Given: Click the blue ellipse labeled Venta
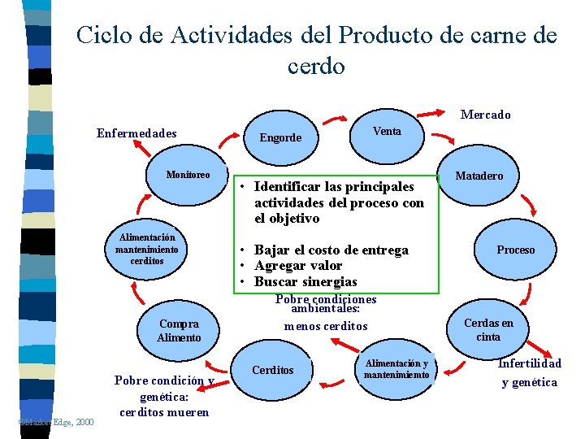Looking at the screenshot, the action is click(387, 132).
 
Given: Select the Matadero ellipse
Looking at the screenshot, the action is click(479, 176).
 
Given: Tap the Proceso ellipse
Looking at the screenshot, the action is click(516, 250).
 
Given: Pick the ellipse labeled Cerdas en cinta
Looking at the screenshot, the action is click(488, 330).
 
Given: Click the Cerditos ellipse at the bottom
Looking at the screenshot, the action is click(273, 371).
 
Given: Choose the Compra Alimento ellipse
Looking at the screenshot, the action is click(179, 330).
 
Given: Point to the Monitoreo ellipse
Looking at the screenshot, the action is click(188, 175).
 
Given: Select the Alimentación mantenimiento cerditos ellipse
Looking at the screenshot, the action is click(146, 250).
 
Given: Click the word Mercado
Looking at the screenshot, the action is click(485, 115).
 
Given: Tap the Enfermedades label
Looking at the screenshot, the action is click(136, 133).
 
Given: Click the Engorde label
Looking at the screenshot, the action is click(280, 137).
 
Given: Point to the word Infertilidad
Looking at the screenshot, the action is click(529, 363).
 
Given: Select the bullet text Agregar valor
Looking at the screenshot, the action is click(298, 266).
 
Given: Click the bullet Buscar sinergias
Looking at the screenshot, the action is click(305, 282).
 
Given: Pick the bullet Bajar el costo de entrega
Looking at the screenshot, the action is click(331, 250).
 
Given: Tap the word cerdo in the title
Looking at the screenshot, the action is click(316, 66).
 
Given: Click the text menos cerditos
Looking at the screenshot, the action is click(326, 326).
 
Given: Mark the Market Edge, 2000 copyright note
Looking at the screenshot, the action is click(55, 421).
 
